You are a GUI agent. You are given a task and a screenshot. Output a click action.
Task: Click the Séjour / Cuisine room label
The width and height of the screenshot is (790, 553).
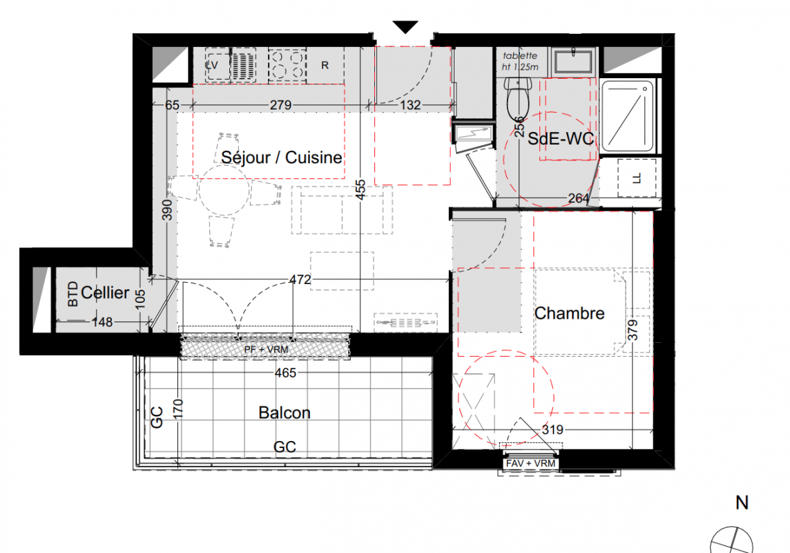click(x=282, y=158)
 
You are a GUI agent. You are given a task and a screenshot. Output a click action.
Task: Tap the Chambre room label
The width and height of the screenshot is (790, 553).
click(x=569, y=313)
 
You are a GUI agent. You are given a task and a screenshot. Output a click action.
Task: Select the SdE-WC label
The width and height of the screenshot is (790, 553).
click(x=561, y=139)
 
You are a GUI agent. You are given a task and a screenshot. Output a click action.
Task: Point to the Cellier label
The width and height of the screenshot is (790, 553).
click(x=105, y=292)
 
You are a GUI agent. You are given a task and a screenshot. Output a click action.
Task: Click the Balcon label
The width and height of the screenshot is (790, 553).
click(x=284, y=413)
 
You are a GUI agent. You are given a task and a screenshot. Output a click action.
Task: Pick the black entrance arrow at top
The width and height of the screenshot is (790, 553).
click(x=405, y=27)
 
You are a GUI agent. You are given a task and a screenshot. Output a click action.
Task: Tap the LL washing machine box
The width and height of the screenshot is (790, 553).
click(x=637, y=178)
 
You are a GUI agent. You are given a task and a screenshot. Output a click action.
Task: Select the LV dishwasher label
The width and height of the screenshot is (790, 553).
click(x=211, y=65)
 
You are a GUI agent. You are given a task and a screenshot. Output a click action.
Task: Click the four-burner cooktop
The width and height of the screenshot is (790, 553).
click(x=287, y=64)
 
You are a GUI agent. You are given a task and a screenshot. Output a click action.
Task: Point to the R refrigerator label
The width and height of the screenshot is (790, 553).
click(x=325, y=65)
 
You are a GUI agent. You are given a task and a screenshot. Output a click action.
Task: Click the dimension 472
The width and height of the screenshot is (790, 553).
click(x=300, y=279)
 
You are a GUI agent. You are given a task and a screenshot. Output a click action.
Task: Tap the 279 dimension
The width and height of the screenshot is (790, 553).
click(x=280, y=105)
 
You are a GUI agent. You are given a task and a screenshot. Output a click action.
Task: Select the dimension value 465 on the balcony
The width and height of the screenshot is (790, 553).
click(x=285, y=373)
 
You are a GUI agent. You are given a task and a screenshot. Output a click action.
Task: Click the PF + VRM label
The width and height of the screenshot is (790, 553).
click(x=266, y=349)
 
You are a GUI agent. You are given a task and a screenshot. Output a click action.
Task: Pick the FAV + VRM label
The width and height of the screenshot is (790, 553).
click(x=530, y=463)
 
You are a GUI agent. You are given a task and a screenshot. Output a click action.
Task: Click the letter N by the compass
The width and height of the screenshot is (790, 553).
click(x=742, y=503)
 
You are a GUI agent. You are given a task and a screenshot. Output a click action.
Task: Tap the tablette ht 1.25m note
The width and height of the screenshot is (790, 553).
click(x=520, y=61)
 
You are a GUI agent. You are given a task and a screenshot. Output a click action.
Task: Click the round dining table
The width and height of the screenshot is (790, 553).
click(x=224, y=190)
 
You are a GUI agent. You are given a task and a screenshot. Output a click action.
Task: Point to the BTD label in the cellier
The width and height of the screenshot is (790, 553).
click(x=73, y=294)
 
